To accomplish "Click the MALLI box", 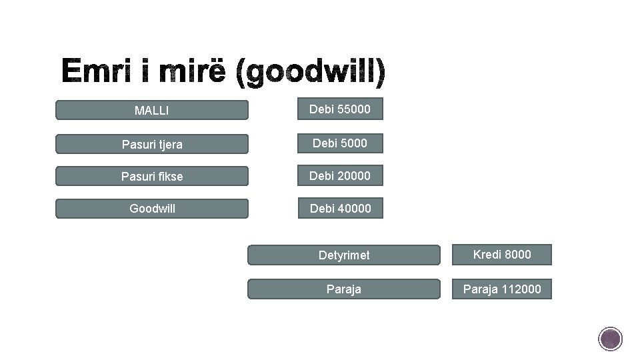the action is [x=151, y=110].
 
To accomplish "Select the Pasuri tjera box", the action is [x=151, y=143].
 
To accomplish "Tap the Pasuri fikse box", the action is [x=151, y=176].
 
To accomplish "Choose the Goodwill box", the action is [x=151, y=209].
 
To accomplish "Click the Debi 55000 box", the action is [x=340, y=109].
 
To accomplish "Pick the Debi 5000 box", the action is [x=340, y=142].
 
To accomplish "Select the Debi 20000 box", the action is [x=340, y=175].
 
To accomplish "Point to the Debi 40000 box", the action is [x=340, y=209].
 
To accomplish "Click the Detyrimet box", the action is [x=344, y=255].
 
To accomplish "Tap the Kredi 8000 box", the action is [x=502, y=254].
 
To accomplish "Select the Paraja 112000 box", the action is [x=502, y=289].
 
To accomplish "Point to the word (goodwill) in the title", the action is [x=311, y=73].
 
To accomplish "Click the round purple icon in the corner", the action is [x=610, y=339].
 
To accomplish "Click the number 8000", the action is [x=518, y=254].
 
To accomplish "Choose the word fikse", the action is [x=169, y=176].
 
